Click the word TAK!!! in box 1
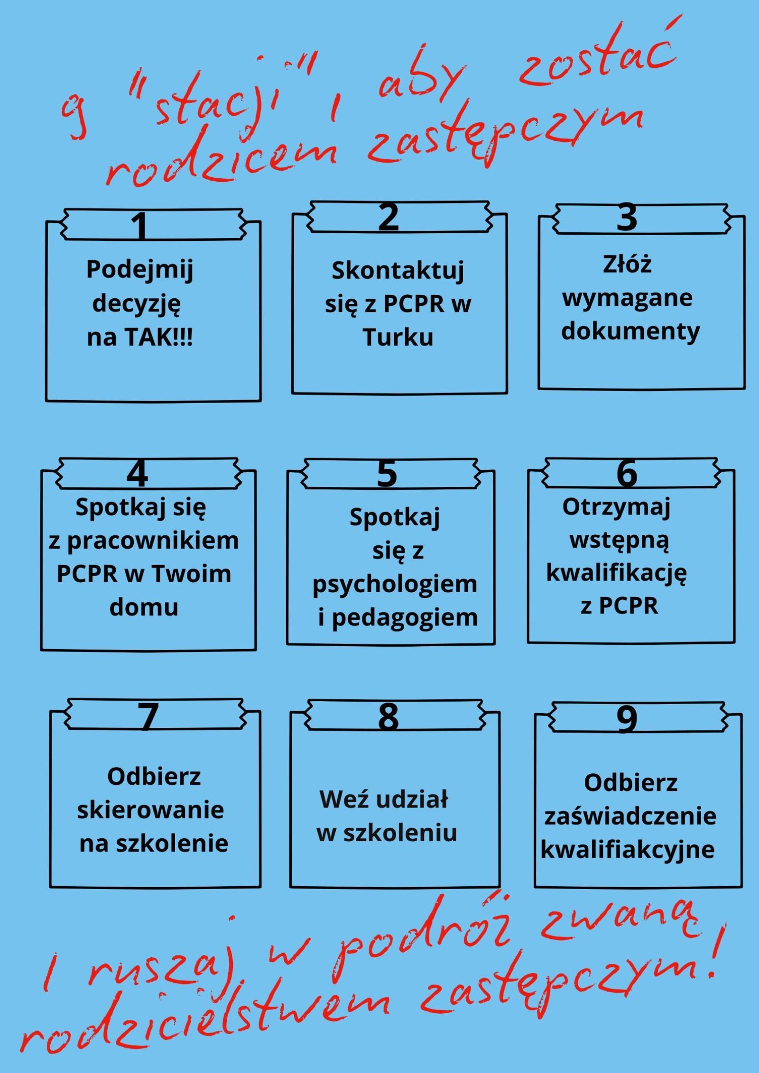click(x=159, y=338)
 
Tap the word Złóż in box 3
click(x=627, y=264)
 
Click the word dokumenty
click(x=630, y=331)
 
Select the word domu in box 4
click(x=144, y=606)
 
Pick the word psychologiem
click(x=395, y=584)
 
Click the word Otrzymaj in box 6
click(x=616, y=507)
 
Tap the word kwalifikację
click(x=616, y=573)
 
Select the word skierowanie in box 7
click(x=150, y=809)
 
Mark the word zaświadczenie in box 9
click(x=630, y=816)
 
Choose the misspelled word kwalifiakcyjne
click(x=628, y=849)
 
